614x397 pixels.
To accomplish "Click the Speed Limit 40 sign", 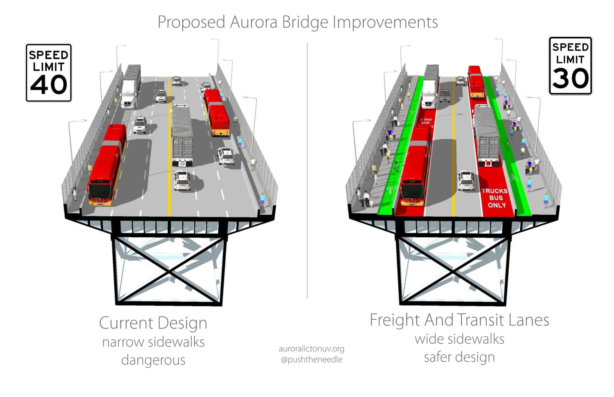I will coord(49,73).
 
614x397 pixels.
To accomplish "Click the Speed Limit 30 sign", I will coord(570,66).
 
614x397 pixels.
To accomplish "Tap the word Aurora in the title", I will coord(253,22).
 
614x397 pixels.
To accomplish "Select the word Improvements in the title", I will coord(385,22).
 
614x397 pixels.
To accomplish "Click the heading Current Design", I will coord(153,323).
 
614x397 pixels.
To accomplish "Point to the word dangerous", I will coord(153,360).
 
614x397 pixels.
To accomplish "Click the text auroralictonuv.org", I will coord(311,349).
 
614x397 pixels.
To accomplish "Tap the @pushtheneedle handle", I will coord(311,359).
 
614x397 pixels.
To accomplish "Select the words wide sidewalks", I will coord(459,339).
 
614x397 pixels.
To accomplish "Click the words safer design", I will coord(459,357).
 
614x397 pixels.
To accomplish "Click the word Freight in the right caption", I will coord(394,320).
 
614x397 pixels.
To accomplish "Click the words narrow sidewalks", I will coord(153,342).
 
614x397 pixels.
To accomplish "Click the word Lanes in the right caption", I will coord(529,320).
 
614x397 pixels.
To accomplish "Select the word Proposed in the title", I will coord(191,22).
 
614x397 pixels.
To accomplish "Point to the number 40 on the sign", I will coord(49,85).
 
